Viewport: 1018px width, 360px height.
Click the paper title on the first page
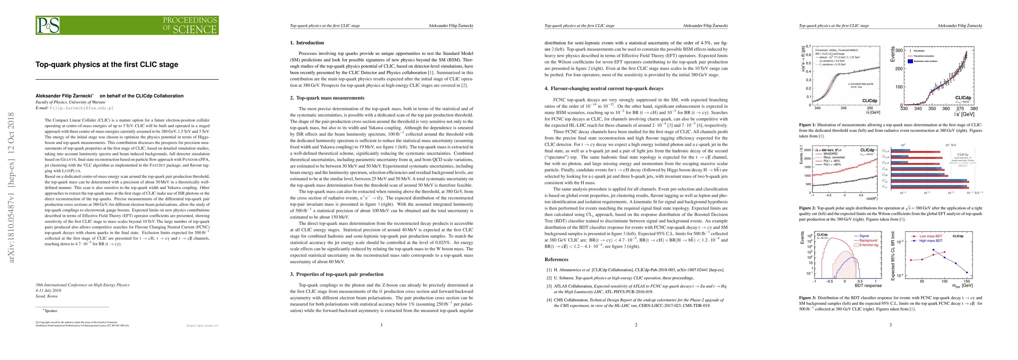coord(107,64)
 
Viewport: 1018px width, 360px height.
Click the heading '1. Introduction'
coord(307,43)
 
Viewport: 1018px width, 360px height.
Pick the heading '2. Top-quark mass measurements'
coord(327,98)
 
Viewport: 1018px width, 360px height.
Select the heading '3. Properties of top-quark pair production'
coord(337,274)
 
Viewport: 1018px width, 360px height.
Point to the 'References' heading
coord(556,259)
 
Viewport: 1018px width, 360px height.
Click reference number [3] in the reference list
coord(549,286)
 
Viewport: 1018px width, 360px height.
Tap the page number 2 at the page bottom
coord(636,325)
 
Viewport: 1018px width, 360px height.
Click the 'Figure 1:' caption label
coord(807,125)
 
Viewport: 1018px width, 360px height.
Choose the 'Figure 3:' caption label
coord(807,298)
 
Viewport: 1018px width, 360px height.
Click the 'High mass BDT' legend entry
coord(930,241)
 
